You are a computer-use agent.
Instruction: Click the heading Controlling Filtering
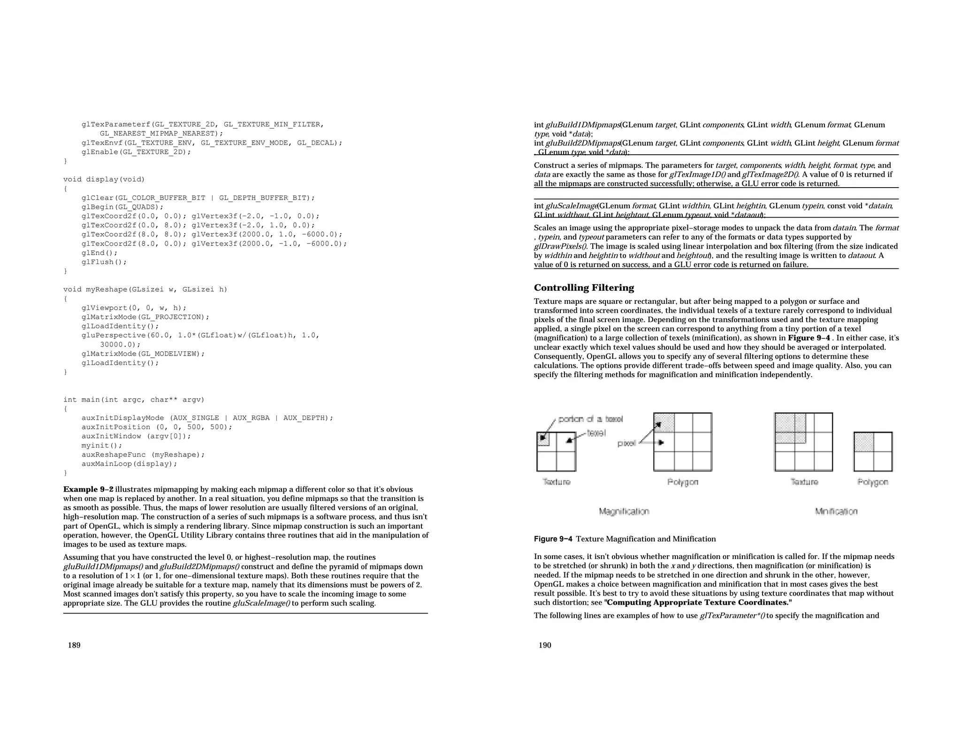click(x=584, y=288)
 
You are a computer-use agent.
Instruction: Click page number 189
click(x=74, y=645)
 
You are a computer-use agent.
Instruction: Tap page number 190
click(x=545, y=645)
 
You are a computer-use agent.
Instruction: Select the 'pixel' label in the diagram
click(x=626, y=443)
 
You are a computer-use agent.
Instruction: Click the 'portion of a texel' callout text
click(x=590, y=419)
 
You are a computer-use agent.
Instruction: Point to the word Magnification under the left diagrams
click(x=624, y=511)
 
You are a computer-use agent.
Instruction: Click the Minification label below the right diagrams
click(x=836, y=511)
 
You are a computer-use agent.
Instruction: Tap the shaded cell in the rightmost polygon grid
click(x=863, y=442)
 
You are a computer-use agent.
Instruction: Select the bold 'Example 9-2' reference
click(x=88, y=489)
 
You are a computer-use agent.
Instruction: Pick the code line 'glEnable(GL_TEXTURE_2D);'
click(x=136, y=152)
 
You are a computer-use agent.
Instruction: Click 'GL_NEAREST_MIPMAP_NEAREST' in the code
click(x=160, y=134)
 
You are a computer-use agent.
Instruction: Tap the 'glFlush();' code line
click(x=104, y=262)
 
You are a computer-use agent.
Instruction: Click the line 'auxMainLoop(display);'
click(x=130, y=464)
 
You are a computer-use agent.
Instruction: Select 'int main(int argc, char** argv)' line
click(x=134, y=400)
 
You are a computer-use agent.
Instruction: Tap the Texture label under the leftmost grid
click(x=556, y=482)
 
